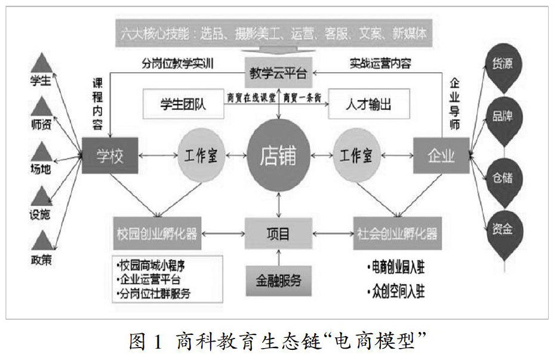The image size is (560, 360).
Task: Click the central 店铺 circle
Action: click(x=277, y=156)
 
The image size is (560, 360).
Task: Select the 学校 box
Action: click(x=109, y=156)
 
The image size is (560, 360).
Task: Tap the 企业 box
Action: click(x=441, y=156)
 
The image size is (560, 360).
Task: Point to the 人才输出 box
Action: click(x=368, y=104)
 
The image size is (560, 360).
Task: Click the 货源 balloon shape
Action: click(x=501, y=67)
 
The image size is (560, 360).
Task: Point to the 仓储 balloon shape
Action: click(x=501, y=177)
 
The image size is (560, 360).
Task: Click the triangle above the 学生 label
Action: click(x=42, y=61)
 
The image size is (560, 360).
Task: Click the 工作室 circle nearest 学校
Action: click(x=201, y=156)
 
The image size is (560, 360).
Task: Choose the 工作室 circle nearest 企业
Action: click(x=356, y=156)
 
